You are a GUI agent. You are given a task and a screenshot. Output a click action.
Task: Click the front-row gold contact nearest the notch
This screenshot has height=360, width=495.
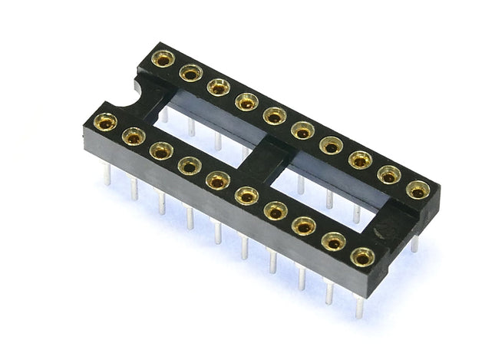tap(105, 121)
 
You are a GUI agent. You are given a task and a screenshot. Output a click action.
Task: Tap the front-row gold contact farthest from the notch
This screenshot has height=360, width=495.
tap(362, 256)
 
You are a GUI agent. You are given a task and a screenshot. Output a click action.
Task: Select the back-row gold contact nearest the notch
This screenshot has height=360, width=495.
tap(163, 58)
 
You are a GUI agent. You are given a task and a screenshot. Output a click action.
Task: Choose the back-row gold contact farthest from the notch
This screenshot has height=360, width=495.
tap(417, 189)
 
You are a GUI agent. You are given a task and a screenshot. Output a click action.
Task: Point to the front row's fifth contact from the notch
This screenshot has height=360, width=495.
tap(218, 180)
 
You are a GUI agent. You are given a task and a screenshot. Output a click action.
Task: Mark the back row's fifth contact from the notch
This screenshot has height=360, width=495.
tap(275, 115)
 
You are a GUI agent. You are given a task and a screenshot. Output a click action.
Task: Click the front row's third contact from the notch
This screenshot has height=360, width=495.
tap(161, 150)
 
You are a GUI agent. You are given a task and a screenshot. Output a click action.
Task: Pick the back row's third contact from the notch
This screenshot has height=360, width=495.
tap(219, 87)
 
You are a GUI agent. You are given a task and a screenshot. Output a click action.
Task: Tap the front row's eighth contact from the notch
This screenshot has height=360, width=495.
tap(304, 226)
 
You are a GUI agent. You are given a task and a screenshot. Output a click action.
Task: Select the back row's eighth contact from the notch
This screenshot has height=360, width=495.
tap(360, 160)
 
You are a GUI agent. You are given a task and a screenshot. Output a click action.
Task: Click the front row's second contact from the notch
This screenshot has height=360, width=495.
tap(134, 137)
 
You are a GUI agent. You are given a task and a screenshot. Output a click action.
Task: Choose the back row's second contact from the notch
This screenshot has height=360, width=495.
tap(190, 72)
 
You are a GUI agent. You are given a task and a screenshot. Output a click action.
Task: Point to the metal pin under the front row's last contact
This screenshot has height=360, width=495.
tap(358, 305)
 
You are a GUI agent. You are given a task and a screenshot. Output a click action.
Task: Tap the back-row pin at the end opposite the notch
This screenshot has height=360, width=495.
tap(414, 243)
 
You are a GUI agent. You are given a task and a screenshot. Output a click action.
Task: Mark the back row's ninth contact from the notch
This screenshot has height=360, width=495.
tap(389, 174)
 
